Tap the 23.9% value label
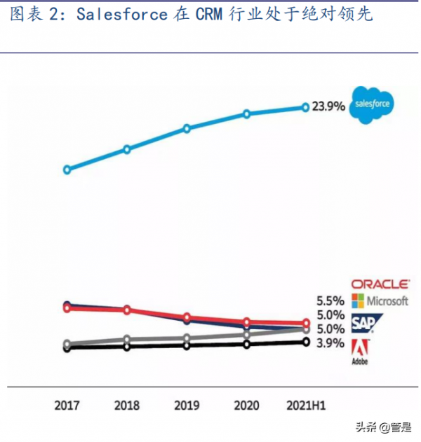[x=327, y=106]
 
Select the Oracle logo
[x=380, y=284]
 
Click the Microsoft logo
[x=380, y=301]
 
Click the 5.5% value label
[x=330, y=301]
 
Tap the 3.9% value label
[x=330, y=343]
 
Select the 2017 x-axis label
[x=67, y=405]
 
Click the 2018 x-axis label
[x=127, y=405]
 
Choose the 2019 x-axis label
[x=187, y=405]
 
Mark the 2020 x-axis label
[x=246, y=405]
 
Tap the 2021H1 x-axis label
[x=307, y=405]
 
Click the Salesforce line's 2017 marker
[x=67, y=170]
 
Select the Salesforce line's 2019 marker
[x=187, y=128]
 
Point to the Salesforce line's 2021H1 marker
[x=305, y=107]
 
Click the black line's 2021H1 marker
[x=305, y=342]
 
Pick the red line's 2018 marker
[x=127, y=310]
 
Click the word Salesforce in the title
[x=122, y=14]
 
